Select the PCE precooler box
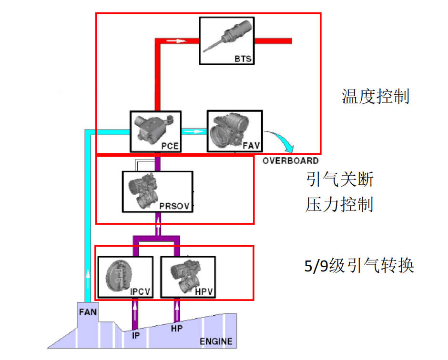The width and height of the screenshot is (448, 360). [x=155, y=132]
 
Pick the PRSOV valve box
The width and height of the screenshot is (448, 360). [x=157, y=191]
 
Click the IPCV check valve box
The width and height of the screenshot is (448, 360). [x=125, y=277]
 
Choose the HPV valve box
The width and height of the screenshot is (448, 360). [x=187, y=277]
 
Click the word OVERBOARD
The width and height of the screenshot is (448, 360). [x=290, y=161]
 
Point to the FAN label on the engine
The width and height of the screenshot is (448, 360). [x=87, y=313]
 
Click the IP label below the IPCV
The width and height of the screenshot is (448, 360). [x=135, y=335]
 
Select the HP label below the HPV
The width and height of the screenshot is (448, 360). [x=177, y=328]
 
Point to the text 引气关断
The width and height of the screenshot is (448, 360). [x=339, y=180]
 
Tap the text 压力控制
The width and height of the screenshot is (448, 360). [x=339, y=205]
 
